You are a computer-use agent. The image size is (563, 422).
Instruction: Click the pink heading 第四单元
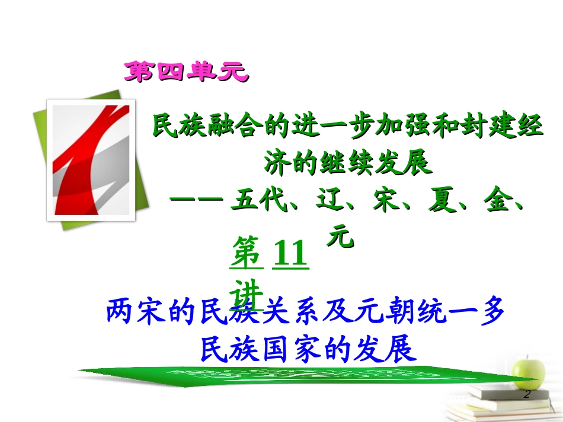[184, 72]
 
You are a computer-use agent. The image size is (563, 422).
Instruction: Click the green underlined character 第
[247, 253]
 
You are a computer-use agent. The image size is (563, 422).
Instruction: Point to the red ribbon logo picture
[91, 160]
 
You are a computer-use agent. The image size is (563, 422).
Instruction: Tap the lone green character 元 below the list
[341, 238]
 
